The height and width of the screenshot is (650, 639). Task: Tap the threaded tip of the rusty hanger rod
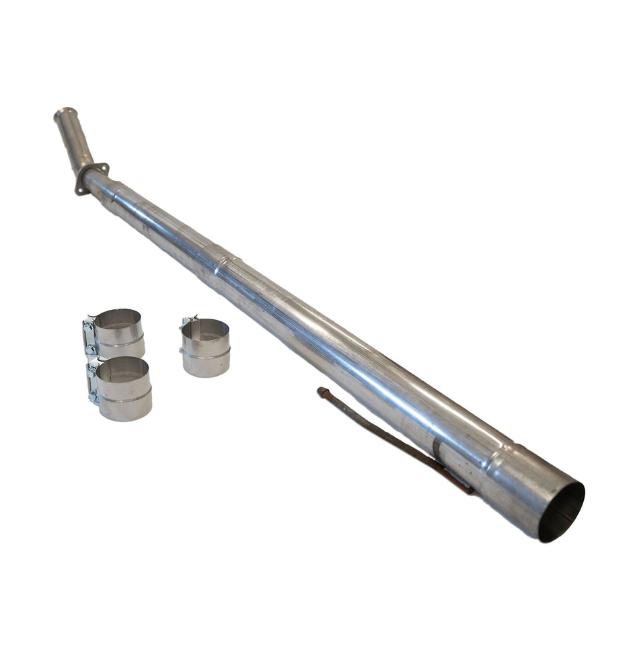322,391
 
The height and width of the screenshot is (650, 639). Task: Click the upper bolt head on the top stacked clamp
87,326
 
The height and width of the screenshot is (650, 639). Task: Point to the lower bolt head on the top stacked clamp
89,348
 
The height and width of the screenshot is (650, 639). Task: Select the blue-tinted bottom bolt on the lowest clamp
93,396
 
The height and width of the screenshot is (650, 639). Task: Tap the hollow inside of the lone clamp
205,329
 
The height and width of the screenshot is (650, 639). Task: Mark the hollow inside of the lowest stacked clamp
122,370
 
